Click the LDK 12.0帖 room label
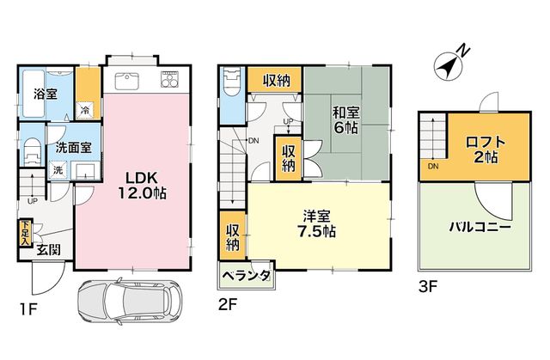[x=142, y=185]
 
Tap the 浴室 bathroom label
[x=46, y=94]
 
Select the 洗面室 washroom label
[x=74, y=147]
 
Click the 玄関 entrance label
[x=49, y=250]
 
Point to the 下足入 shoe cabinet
[x=25, y=233]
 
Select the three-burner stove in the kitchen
[x=170, y=80]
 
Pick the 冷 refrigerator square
[x=85, y=111]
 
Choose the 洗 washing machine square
[x=58, y=170]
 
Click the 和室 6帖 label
[x=346, y=120]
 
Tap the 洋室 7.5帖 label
[x=316, y=223]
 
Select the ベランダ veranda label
[x=247, y=276]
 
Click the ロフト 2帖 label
[x=486, y=149]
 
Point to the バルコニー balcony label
[x=480, y=228]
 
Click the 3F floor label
[x=428, y=287]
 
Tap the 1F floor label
[x=28, y=309]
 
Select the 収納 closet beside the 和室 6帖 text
[x=289, y=158]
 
